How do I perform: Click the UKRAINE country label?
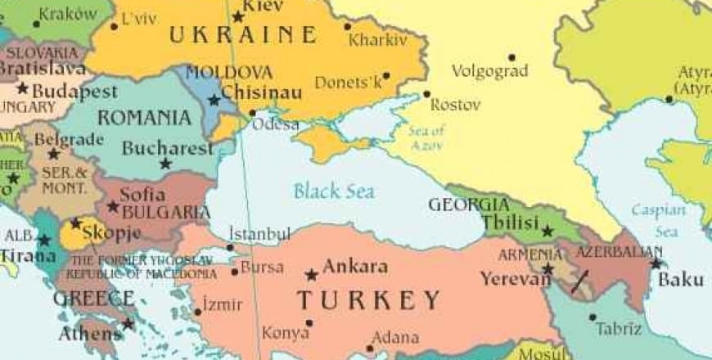coord(242,35)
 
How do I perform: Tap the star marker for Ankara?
coord(311,275)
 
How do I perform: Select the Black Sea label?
coord(334,192)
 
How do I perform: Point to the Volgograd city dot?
coord(511,57)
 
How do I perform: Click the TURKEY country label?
coord(368,300)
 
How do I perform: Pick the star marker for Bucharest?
coord(165,164)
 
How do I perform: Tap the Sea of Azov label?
coord(426,137)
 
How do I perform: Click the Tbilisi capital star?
coord(548,232)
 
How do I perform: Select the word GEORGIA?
coord(469,205)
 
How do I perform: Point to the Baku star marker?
coord(656,263)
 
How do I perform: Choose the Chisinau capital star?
coord(214,100)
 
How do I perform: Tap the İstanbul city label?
coord(259,235)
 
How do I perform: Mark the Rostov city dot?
coord(426,94)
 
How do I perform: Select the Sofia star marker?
coord(113,206)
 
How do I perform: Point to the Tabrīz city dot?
coord(593,317)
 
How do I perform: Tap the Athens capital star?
coord(128,324)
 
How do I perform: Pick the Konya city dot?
coord(309,323)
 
